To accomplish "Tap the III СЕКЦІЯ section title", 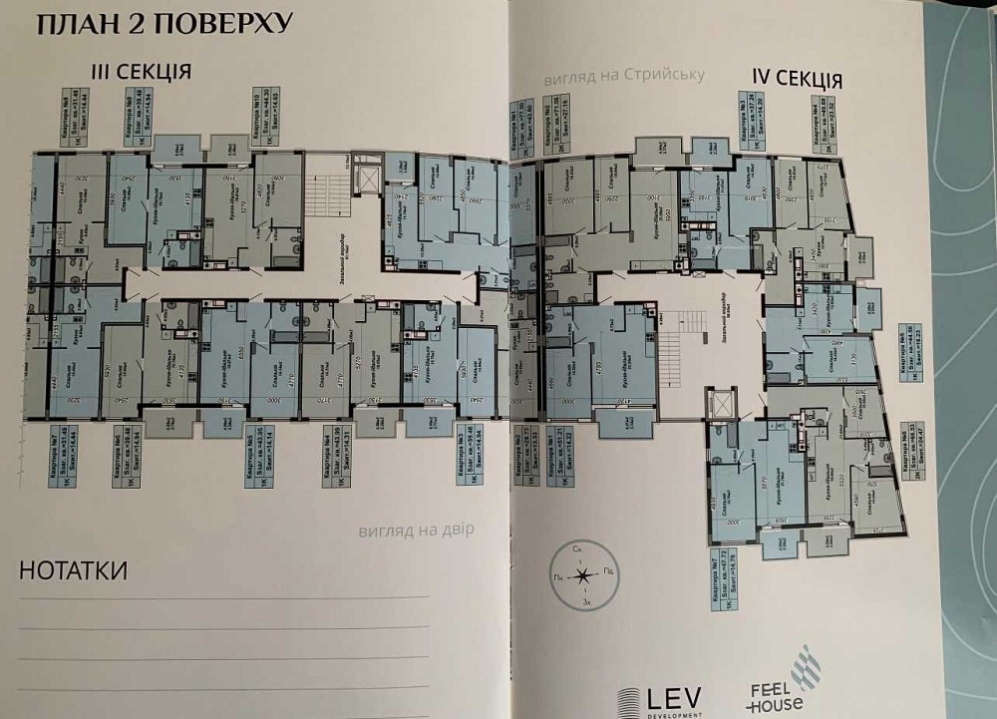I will point(139,72).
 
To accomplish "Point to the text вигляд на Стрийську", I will point(624,76).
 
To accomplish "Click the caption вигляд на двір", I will point(418,531).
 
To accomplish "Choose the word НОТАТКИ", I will point(73,571).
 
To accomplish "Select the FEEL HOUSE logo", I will point(777,678).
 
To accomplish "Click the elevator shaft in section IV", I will point(718,403).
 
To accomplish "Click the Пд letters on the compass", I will point(605,575).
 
